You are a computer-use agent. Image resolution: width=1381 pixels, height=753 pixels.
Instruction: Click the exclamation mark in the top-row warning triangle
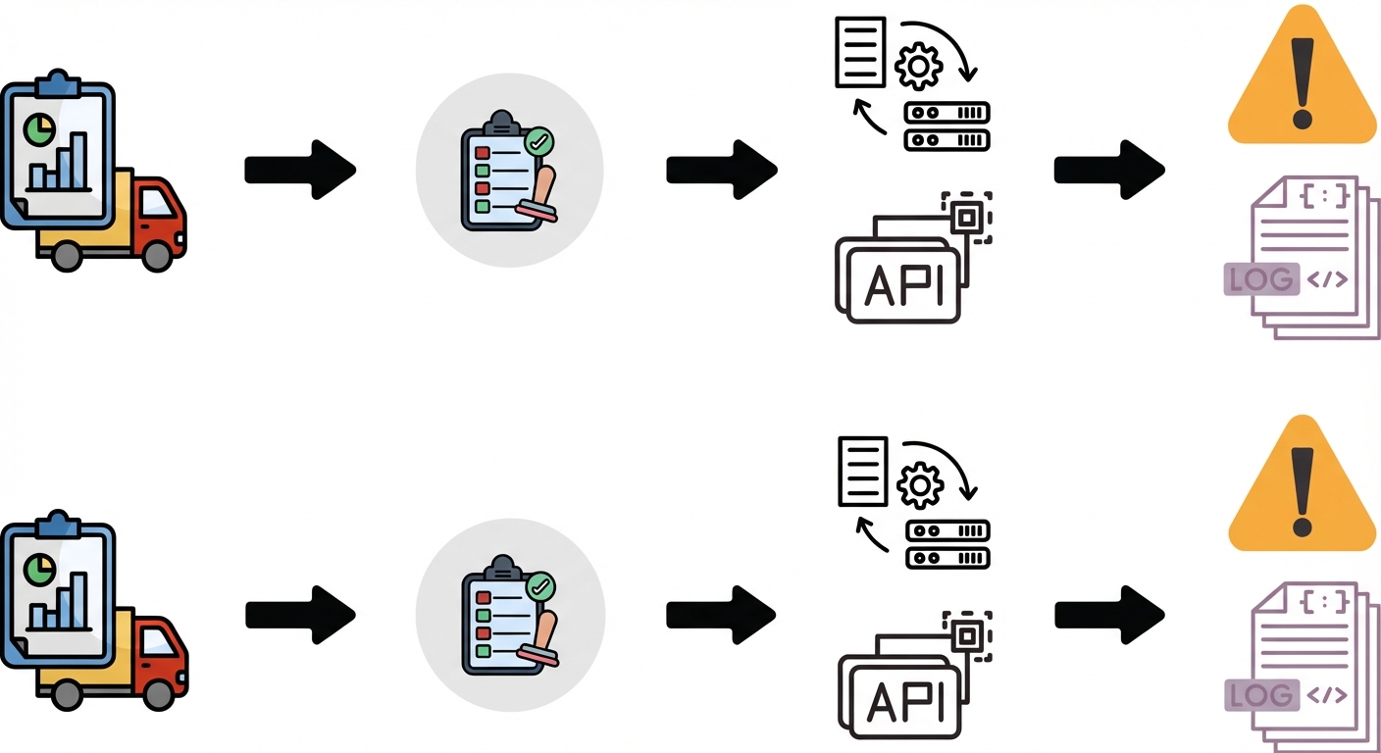1302,83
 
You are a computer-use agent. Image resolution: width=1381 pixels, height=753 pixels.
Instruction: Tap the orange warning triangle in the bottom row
1302,490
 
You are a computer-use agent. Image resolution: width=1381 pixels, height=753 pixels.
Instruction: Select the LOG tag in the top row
1260,278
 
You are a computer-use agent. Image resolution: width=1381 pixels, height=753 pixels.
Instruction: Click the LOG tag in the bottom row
1260,695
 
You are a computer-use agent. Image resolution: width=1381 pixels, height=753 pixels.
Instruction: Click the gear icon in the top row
919,67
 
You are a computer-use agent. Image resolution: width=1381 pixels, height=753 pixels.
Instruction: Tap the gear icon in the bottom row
920,484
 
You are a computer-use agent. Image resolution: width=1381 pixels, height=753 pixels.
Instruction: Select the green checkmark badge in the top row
538,142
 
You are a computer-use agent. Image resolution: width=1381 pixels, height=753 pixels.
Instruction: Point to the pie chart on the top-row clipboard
39,127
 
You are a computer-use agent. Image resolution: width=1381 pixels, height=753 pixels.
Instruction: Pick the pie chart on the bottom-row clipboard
39,567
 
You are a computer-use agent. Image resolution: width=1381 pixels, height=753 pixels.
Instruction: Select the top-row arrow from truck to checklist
299,170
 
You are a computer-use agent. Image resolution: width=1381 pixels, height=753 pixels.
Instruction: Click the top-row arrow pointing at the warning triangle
1108,170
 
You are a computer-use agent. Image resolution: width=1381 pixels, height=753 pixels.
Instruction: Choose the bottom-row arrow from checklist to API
721,615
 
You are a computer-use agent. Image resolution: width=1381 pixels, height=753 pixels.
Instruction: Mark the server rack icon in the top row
946,126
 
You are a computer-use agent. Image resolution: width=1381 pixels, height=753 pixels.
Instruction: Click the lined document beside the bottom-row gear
862,471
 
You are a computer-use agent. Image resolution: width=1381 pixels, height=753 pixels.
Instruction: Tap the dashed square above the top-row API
966,217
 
